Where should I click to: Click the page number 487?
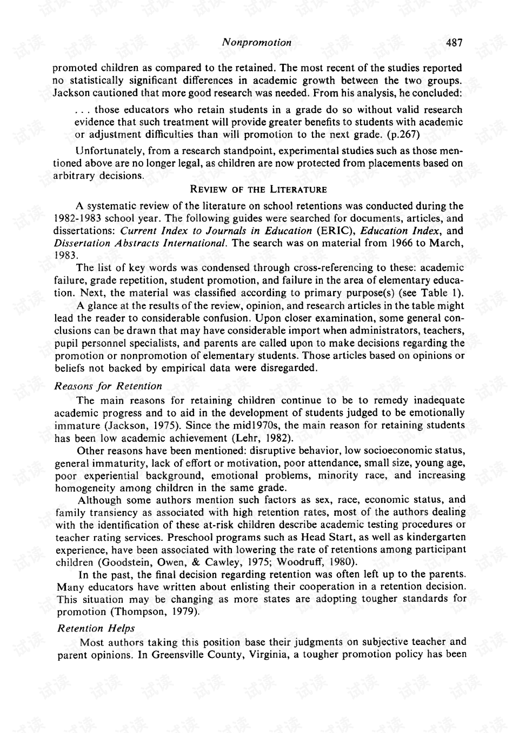pyautogui.click(x=454, y=43)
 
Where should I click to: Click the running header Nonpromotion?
pyautogui.click(x=257, y=43)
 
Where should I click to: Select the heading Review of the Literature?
pyautogui.click(x=258, y=190)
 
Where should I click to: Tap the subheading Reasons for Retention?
pyautogui.click(x=108, y=386)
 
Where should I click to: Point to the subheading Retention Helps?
pyautogui.click(x=96, y=628)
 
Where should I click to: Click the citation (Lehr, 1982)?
pyautogui.click(x=263, y=438)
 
